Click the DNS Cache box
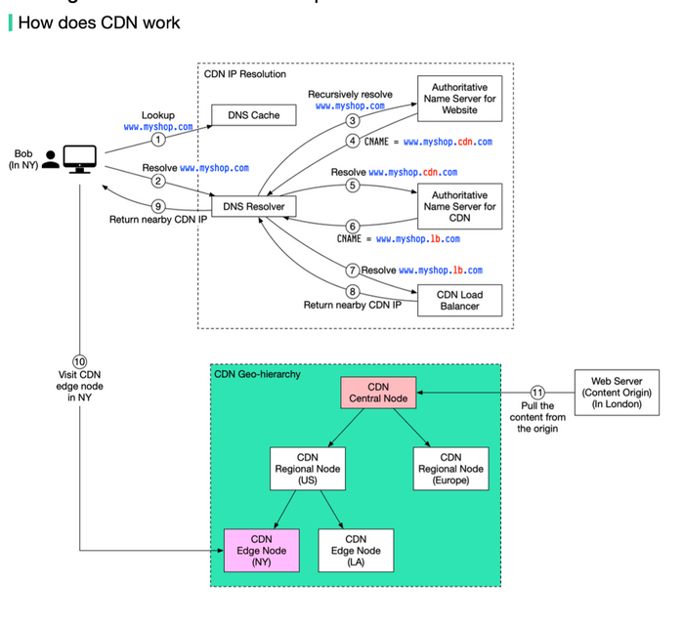(x=253, y=115)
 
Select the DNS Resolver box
(x=253, y=206)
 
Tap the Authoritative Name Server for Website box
(x=459, y=99)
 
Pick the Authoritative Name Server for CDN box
(x=459, y=206)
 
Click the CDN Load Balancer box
(x=459, y=300)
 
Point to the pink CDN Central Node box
(x=378, y=393)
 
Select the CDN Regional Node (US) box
(x=308, y=468)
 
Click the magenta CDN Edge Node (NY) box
(x=261, y=550)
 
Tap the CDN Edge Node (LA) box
(x=356, y=550)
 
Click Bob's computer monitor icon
(x=79, y=158)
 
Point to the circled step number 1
(x=157, y=138)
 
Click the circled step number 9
(x=157, y=205)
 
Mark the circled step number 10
(x=79, y=360)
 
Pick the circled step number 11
(x=536, y=393)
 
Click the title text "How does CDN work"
(x=99, y=21)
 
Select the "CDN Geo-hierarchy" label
(x=257, y=374)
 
